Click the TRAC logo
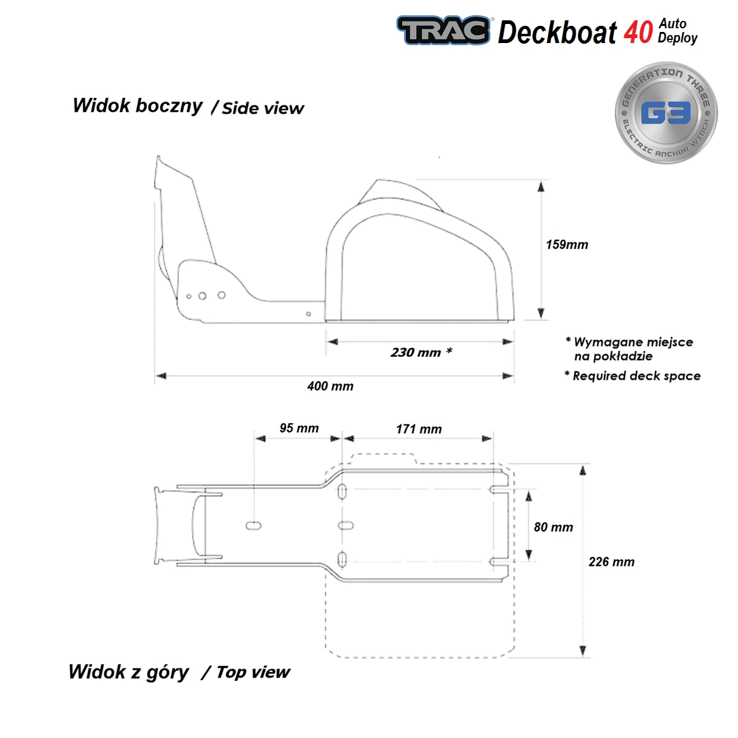tap(443, 30)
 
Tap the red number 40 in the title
tap(638, 32)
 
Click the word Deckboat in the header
tap(557, 32)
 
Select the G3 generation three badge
tap(666, 113)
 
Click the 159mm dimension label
tap(566, 245)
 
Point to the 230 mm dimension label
tap(421, 352)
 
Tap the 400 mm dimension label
tap(330, 386)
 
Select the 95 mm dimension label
tap(299, 428)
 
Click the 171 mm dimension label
tap(419, 429)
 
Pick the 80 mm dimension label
tap(553, 527)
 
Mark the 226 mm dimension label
tap(611, 561)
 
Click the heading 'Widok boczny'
tap(137, 106)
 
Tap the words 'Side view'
tap(263, 109)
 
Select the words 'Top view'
tap(253, 672)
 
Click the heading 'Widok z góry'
tap(129, 672)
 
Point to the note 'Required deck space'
tap(636, 376)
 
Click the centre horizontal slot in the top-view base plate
tap(346, 526)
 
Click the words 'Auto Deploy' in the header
tap(677, 31)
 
